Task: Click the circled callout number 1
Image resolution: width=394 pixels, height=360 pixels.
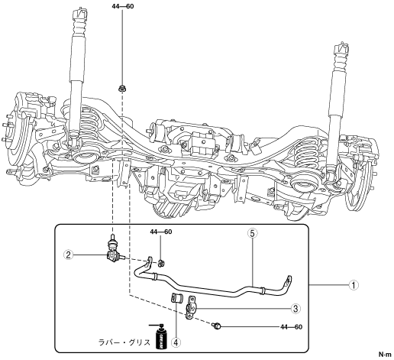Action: click(354, 285)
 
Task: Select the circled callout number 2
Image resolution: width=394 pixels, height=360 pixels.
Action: click(68, 255)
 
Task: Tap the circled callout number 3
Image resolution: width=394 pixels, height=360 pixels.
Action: click(295, 309)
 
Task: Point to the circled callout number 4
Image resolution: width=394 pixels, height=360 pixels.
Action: click(176, 342)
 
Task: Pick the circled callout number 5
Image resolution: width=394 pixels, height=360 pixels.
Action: click(252, 233)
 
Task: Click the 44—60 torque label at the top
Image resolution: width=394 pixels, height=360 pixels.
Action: click(123, 6)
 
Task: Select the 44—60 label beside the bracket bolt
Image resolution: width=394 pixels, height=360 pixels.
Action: click(292, 326)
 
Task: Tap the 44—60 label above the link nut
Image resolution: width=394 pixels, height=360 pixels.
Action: click(161, 232)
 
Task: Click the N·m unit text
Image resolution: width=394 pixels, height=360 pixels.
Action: click(385, 354)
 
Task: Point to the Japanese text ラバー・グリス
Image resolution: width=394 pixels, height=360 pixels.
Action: click(124, 342)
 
